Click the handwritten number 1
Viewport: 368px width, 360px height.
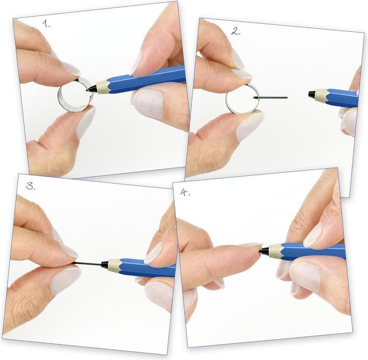pos(46,24)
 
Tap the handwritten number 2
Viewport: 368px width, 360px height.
pos(236,31)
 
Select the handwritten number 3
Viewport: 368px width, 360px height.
pos(31,186)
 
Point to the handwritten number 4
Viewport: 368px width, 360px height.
pos(185,193)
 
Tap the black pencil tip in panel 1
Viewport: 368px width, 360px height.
pos(91,88)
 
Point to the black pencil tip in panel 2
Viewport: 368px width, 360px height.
pos(312,95)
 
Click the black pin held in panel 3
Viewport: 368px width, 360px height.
pos(88,264)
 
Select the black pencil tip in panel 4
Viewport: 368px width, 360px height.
pos(264,251)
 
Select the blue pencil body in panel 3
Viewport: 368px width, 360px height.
pos(147,268)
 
